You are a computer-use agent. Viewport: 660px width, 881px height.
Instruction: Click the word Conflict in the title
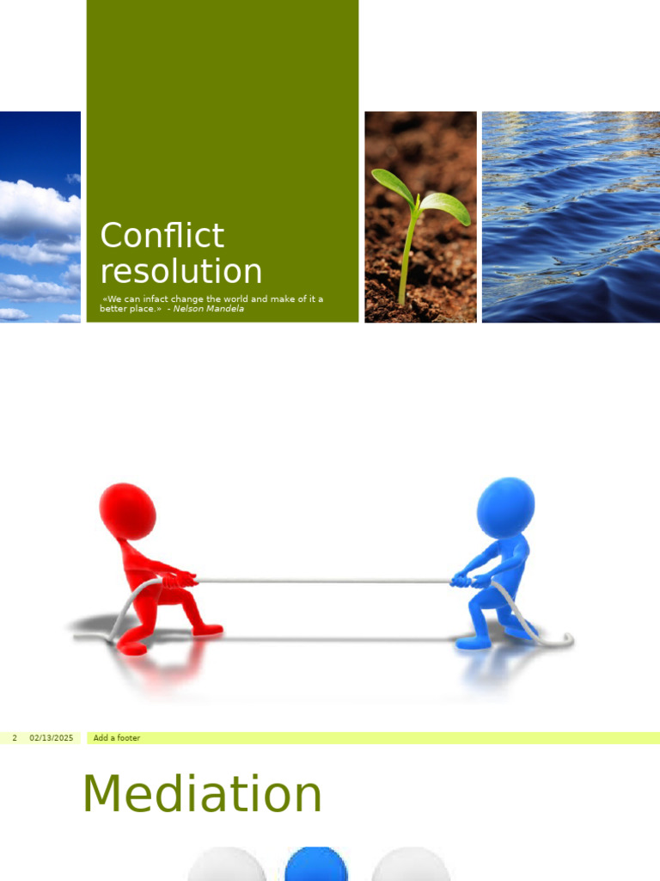pyautogui.click(x=162, y=236)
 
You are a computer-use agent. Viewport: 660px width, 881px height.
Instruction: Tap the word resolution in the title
pyautogui.click(x=180, y=271)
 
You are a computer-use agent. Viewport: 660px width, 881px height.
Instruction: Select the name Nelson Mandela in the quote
pyautogui.click(x=208, y=309)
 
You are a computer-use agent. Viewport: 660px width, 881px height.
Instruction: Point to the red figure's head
pyautogui.click(x=128, y=510)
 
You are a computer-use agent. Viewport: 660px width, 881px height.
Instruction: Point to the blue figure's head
pyautogui.click(x=505, y=506)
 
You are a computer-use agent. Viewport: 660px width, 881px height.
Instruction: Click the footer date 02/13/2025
pyautogui.click(x=51, y=738)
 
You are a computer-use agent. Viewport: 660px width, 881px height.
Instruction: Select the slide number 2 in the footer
pyautogui.click(x=15, y=738)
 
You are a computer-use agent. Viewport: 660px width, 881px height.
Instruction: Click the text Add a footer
pyautogui.click(x=117, y=738)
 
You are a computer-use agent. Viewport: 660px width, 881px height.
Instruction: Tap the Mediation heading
pyautogui.click(x=202, y=794)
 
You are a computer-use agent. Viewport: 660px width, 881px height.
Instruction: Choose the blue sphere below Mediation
pyautogui.click(x=316, y=864)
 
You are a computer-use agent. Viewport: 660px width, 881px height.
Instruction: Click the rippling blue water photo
pyautogui.click(x=571, y=217)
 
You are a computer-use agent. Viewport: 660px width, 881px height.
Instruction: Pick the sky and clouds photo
pyautogui.click(x=40, y=217)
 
